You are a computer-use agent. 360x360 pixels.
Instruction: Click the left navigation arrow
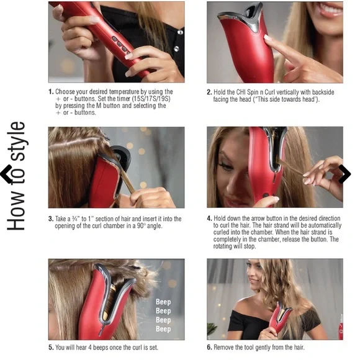[x=6, y=174]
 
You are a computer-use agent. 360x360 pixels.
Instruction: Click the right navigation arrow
[x=345, y=174]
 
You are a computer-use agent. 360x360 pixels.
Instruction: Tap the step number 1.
[x=51, y=92]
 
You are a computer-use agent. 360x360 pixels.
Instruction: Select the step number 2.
[x=209, y=92]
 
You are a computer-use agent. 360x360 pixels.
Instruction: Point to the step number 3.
[x=51, y=219]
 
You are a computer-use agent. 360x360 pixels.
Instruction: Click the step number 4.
[x=209, y=218]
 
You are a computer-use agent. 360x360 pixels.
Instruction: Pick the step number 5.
[x=51, y=348]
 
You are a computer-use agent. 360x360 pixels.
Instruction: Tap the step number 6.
[x=209, y=348]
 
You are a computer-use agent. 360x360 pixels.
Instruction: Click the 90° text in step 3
[x=141, y=226]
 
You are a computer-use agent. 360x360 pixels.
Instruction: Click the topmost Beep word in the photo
[x=163, y=302]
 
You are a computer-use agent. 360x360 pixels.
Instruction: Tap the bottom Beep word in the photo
[x=163, y=329]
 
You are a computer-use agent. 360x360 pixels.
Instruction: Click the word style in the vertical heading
[x=17, y=142]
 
